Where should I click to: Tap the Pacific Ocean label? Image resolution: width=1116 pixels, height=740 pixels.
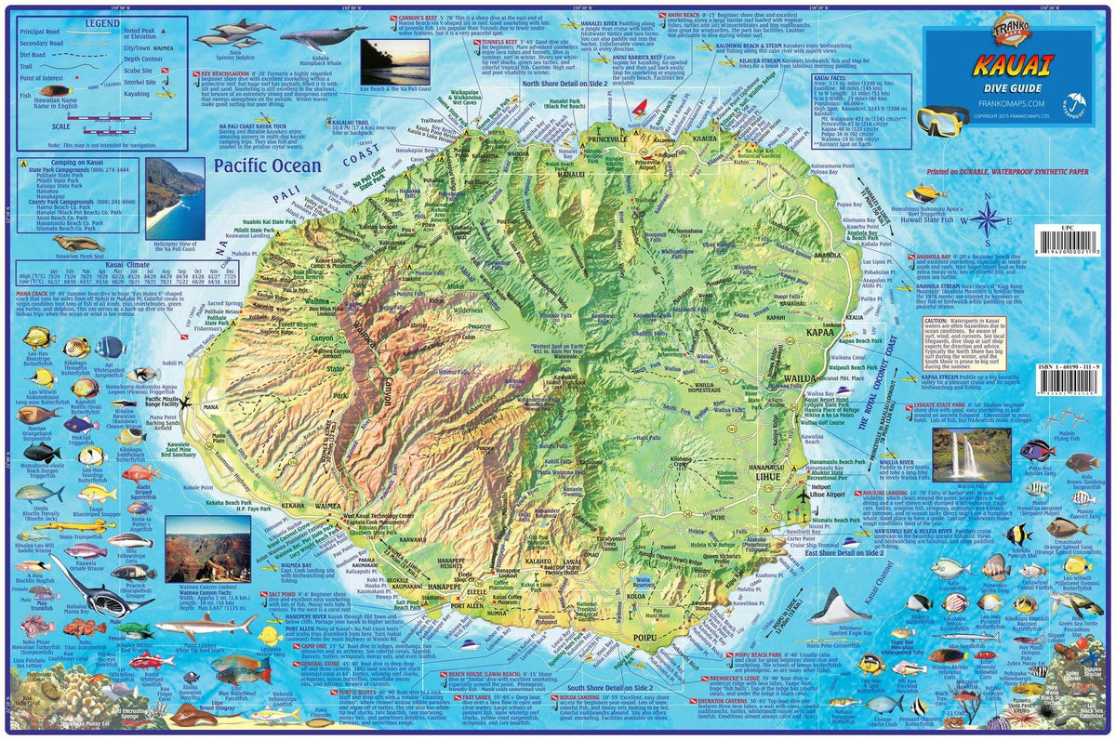265,167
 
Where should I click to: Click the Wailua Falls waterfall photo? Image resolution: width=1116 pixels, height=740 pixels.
971,455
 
